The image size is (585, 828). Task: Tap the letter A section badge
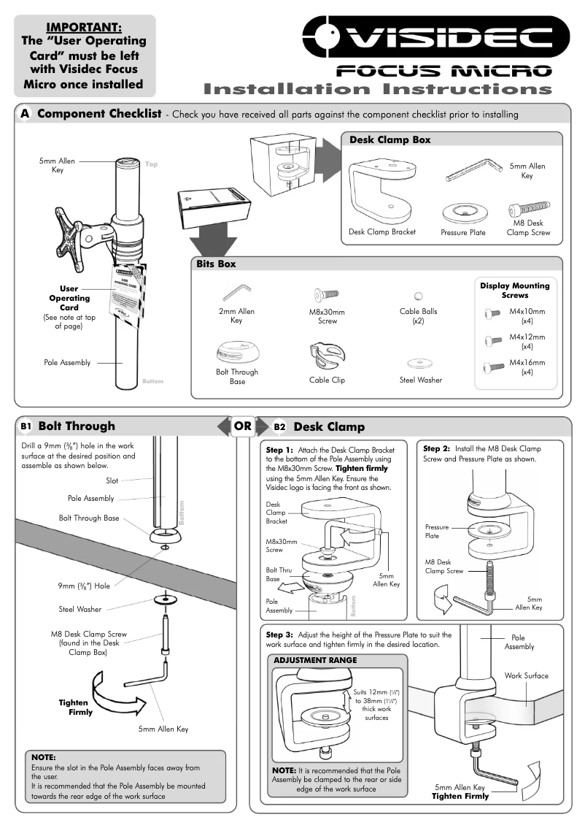[26, 114]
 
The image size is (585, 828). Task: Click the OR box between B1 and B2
[243, 426]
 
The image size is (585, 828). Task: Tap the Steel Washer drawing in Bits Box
[420, 362]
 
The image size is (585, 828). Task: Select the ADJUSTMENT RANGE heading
[315, 660]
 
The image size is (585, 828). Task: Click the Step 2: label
[437, 448]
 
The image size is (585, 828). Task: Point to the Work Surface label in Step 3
[526, 676]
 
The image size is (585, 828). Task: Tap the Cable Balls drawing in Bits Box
[418, 296]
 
